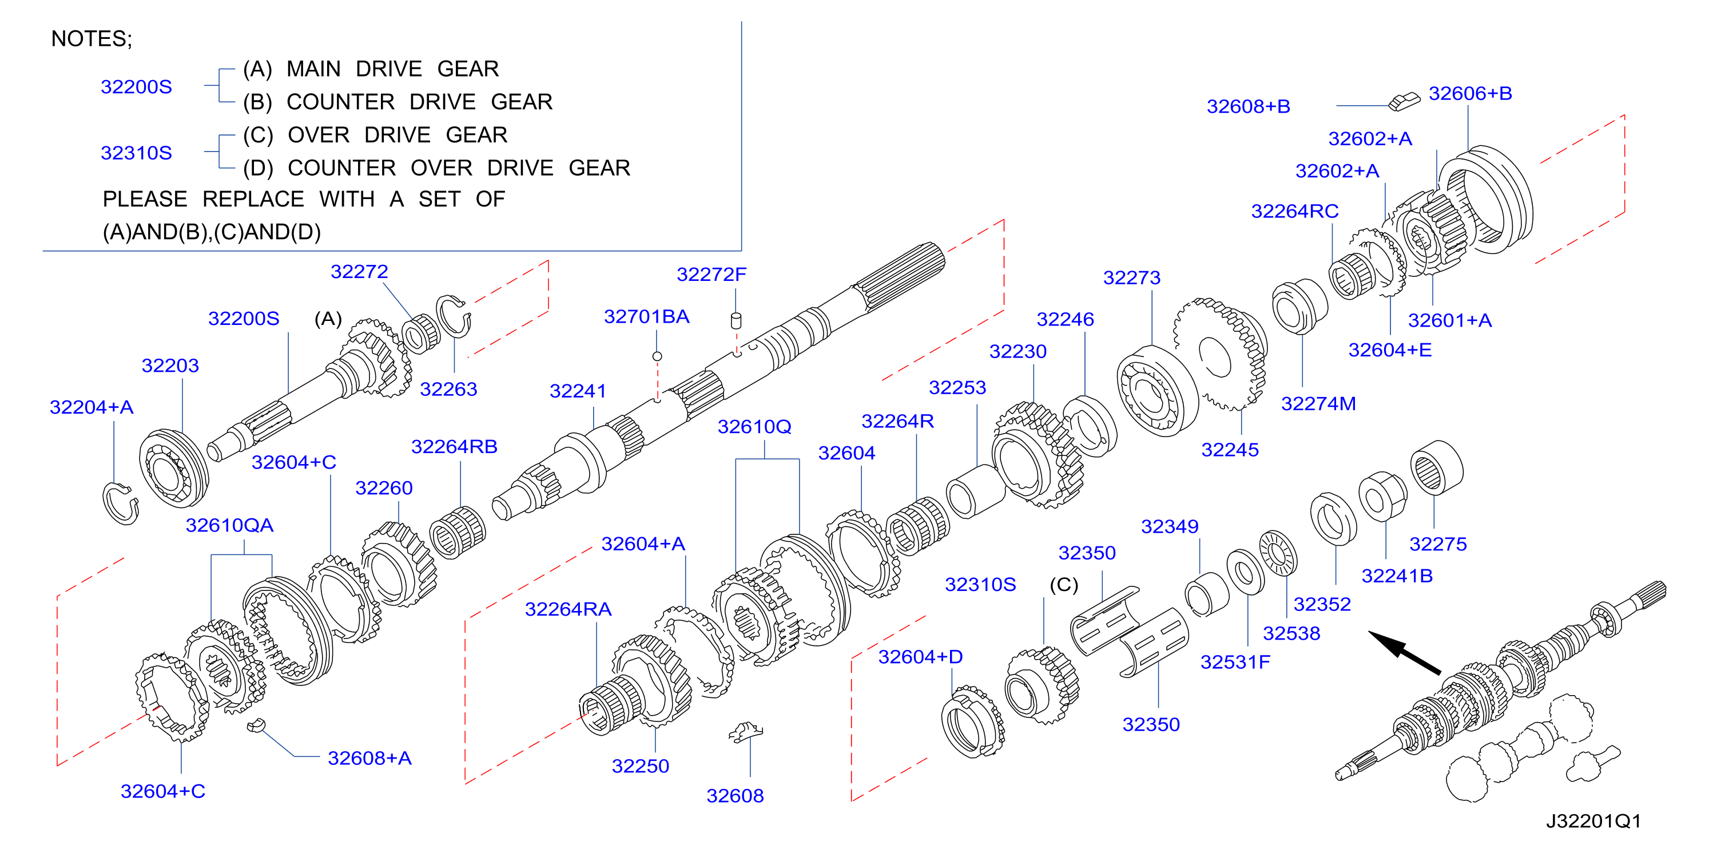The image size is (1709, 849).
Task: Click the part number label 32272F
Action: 711,274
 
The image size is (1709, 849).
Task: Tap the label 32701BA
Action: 646,316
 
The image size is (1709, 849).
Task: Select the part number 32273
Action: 1132,277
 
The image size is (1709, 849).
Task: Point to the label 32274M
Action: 1318,403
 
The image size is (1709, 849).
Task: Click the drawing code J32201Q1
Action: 1593,821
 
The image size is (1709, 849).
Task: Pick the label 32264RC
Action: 1295,211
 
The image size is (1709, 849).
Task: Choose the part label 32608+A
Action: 369,758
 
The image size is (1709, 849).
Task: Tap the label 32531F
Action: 1235,662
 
